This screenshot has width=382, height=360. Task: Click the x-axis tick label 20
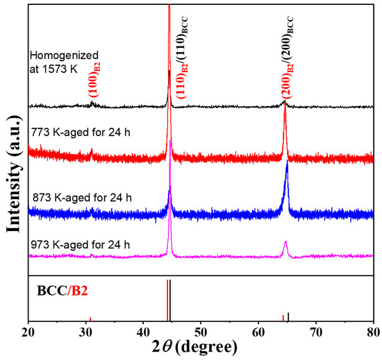point(28,332)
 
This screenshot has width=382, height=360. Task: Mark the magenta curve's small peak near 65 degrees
point(285,243)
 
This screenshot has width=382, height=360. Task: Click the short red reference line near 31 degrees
point(90,319)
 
